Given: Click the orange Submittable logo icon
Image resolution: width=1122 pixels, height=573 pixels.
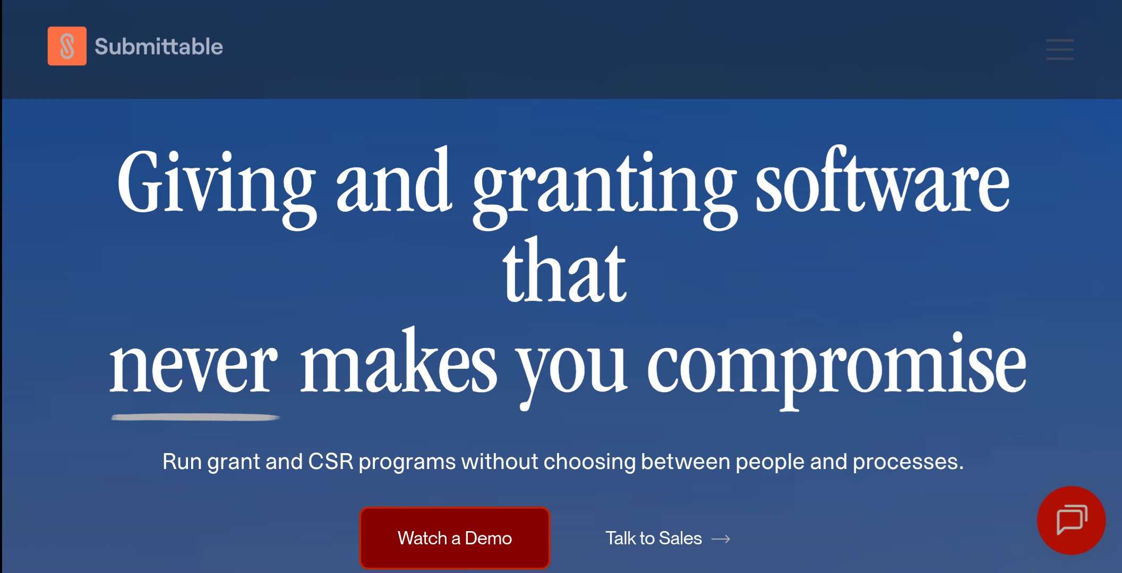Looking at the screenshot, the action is [67, 46].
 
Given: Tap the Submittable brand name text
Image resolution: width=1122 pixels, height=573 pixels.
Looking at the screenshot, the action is [159, 47].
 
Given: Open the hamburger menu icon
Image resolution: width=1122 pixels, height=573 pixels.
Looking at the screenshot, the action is [1060, 49].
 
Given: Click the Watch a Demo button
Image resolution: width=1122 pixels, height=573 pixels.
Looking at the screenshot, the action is [455, 538].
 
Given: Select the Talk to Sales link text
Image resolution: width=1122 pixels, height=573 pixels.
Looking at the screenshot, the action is [654, 538].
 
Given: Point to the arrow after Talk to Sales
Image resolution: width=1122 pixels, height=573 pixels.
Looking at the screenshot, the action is [721, 539].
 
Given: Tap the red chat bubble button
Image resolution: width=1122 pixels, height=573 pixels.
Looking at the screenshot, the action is [1072, 520].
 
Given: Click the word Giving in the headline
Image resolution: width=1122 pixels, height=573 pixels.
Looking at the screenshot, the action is [217, 188].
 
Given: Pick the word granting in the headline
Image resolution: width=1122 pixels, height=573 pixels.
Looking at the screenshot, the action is [605, 188].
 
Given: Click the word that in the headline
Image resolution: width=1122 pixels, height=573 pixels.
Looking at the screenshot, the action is [564, 271].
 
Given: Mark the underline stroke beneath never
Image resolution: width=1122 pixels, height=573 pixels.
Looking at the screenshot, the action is [195, 418].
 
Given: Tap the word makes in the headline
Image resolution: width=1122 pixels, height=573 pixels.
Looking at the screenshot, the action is [399, 360].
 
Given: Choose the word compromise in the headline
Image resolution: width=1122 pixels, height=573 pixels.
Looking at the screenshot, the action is [837, 371].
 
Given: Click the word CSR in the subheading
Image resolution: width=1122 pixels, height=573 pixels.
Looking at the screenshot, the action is [331, 462].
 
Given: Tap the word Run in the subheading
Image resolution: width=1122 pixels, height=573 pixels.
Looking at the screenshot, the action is [182, 462].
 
